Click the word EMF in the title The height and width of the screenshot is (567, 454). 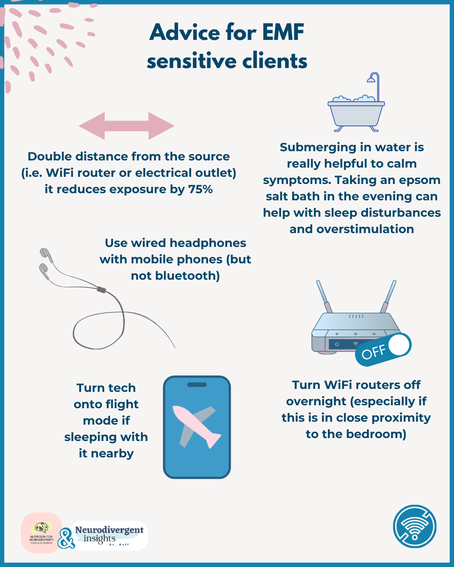pos(283,32)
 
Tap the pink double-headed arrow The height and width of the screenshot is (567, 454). pos(127,126)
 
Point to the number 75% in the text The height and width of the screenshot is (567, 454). pos(200,189)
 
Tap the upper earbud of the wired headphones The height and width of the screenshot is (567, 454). pos(45,253)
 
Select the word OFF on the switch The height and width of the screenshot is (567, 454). pos(373,352)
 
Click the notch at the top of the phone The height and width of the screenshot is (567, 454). pos(197,384)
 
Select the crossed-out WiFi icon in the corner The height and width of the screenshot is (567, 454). pos(414,526)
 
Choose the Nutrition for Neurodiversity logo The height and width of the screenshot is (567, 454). pos(42,533)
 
